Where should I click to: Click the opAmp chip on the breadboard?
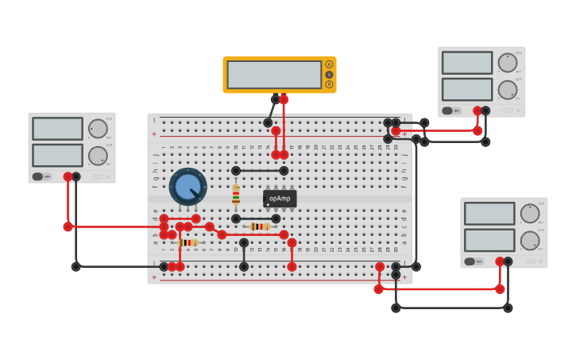coord(280,199)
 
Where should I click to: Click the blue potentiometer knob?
coord(187,187)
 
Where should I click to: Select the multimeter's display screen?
coord(274,75)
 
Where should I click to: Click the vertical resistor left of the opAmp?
coord(236,195)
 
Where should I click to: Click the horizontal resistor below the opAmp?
coord(260,226)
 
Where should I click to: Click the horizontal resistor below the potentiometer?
coord(187,242)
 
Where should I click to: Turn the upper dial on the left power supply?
coord(98,129)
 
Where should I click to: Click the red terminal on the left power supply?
coord(68,176)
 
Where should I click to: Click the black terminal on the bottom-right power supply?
coord(508,261)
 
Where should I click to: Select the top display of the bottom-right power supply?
coord(489,214)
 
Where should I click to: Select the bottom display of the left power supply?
coord(57,155)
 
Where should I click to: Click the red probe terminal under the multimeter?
coord(284,99)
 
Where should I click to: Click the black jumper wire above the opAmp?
coord(260,171)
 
